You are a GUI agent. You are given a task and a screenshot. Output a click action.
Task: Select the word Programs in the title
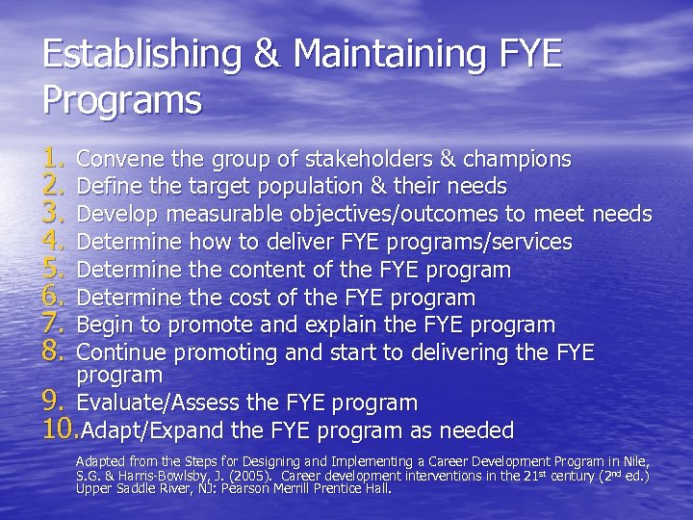pos(122,100)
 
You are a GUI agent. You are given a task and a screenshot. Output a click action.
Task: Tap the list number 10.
pos(63,430)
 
